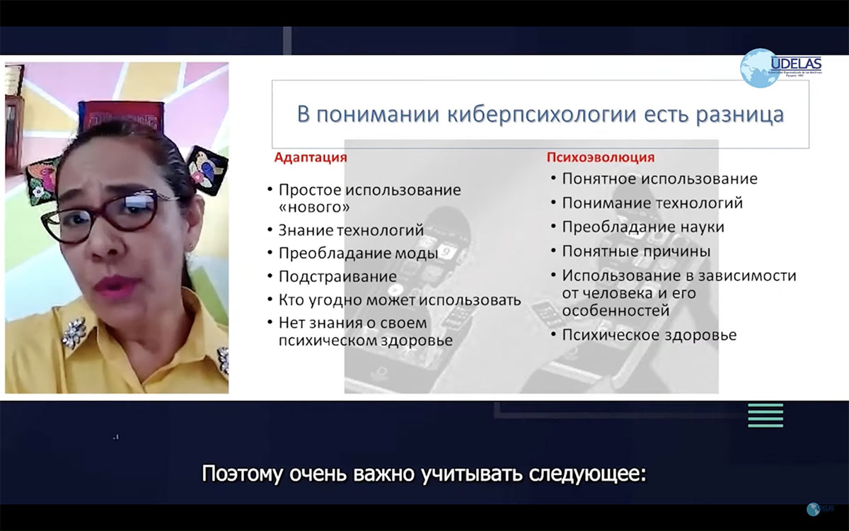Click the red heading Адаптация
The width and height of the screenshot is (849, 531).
point(311,157)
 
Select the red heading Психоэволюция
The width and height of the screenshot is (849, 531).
point(601,157)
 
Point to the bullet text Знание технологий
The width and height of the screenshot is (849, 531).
point(351,230)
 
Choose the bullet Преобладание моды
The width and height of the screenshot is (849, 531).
point(359,253)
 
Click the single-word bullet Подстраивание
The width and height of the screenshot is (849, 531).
point(337,277)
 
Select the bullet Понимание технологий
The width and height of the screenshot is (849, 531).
point(652,203)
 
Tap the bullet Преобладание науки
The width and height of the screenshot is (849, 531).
point(643,227)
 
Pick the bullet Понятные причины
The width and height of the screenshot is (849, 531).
point(636,251)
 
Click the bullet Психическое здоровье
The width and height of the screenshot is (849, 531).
point(649,336)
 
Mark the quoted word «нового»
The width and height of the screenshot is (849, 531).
point(314,207)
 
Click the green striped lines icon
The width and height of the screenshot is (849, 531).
point(766,416)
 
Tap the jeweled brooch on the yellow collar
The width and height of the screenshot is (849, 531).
point(74,333)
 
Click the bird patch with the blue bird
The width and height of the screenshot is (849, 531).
point(206,171)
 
